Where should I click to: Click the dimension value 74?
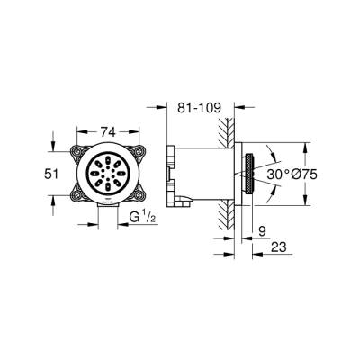tap(107, 119)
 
